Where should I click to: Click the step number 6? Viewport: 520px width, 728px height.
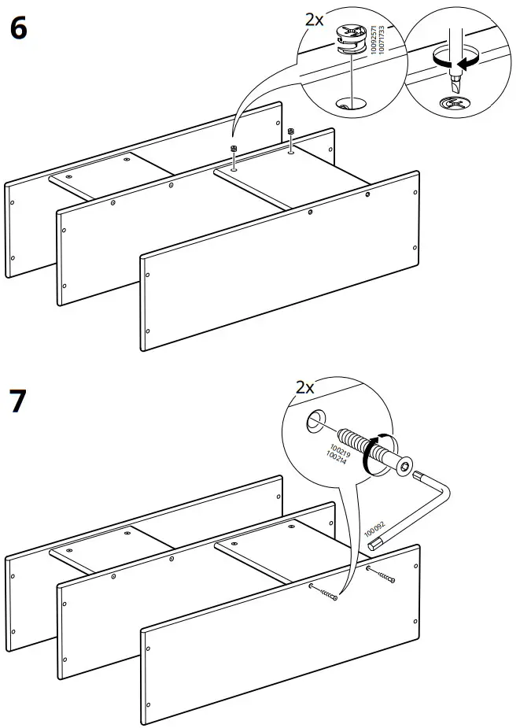(18, 29)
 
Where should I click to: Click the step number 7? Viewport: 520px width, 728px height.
(18, 401)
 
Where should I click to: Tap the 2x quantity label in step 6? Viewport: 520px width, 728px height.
(314, 20)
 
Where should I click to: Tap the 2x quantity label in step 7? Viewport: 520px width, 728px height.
(304, 386)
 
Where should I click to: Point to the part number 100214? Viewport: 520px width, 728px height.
(331, 457)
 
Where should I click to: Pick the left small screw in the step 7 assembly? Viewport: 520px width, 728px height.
(325, 593)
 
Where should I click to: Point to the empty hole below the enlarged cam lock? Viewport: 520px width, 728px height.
(345, 102)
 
